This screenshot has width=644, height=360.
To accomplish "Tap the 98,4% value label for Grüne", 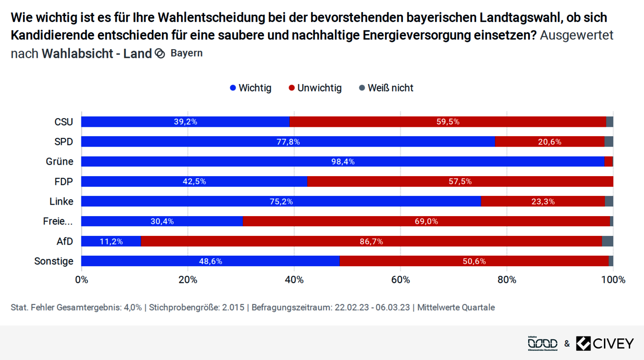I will [343, 162].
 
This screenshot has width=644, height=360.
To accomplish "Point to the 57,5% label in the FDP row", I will [460, 182].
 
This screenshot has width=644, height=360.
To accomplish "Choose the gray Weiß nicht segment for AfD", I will [607, 241].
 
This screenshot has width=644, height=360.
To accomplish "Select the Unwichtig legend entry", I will [315, 88].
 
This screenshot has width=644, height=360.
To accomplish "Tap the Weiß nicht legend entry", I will [386, 88].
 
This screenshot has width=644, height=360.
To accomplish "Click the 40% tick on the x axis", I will [294, 280].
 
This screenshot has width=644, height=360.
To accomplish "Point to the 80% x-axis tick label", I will [507, 280].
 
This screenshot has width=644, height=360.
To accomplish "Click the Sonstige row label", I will [54, 261].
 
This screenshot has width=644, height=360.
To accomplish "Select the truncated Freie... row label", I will [58, 222].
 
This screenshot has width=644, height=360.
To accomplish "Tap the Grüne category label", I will [59, 162].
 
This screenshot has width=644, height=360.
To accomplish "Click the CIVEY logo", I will [605, 343].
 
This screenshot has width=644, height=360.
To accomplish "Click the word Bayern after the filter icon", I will [186, 53].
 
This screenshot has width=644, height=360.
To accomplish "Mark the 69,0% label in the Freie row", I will [426, 222].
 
